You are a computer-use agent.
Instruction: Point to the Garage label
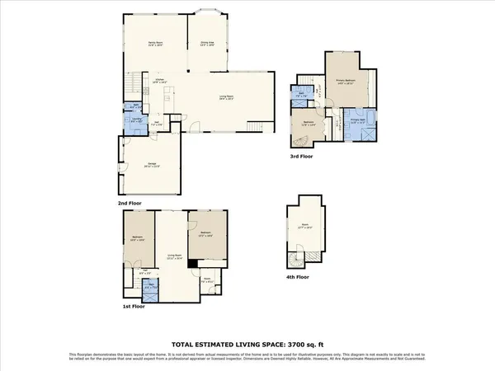click(153, 164)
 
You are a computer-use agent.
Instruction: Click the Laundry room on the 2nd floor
click(135, 122)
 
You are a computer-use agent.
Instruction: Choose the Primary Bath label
click(359, 124)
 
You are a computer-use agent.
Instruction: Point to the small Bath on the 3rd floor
click(303, 96)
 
